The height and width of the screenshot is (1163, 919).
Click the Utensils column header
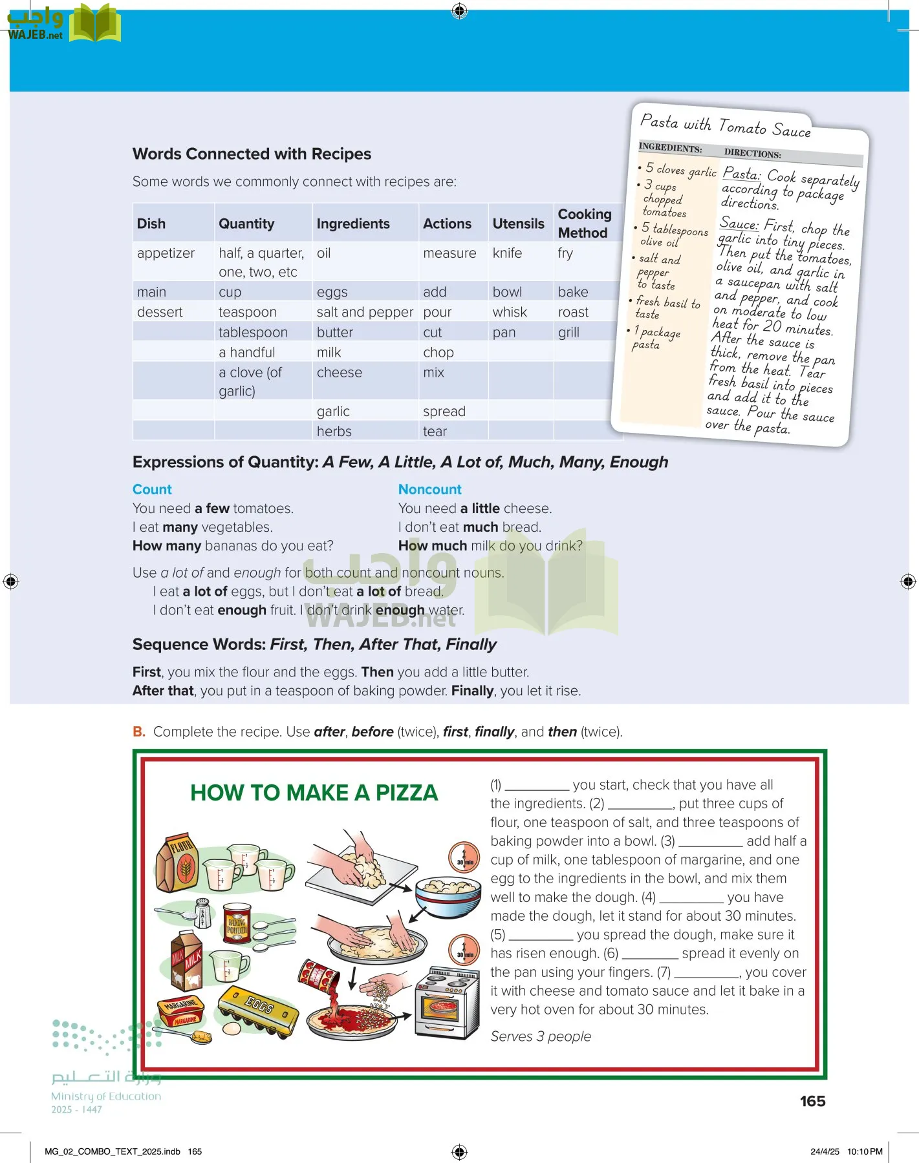(518, 224)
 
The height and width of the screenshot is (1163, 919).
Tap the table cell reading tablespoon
(253, 332)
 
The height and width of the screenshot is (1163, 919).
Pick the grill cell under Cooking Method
(568, 332)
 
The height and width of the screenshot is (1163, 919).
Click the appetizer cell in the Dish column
(166, 253)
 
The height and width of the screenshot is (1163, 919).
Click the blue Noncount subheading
(429, 489)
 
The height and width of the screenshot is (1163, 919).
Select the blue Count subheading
(152, 489)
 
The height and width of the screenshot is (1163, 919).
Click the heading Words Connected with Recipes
(252, 154)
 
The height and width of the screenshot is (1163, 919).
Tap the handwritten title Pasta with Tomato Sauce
(725, 125)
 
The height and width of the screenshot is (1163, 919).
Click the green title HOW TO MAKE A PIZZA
(314, 793)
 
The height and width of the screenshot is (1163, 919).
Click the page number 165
(812, 1101)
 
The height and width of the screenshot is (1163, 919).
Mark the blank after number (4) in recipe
(691, 898)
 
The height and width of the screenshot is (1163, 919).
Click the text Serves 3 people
(541, 1036)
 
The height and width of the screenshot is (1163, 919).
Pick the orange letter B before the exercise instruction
(138, 731)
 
